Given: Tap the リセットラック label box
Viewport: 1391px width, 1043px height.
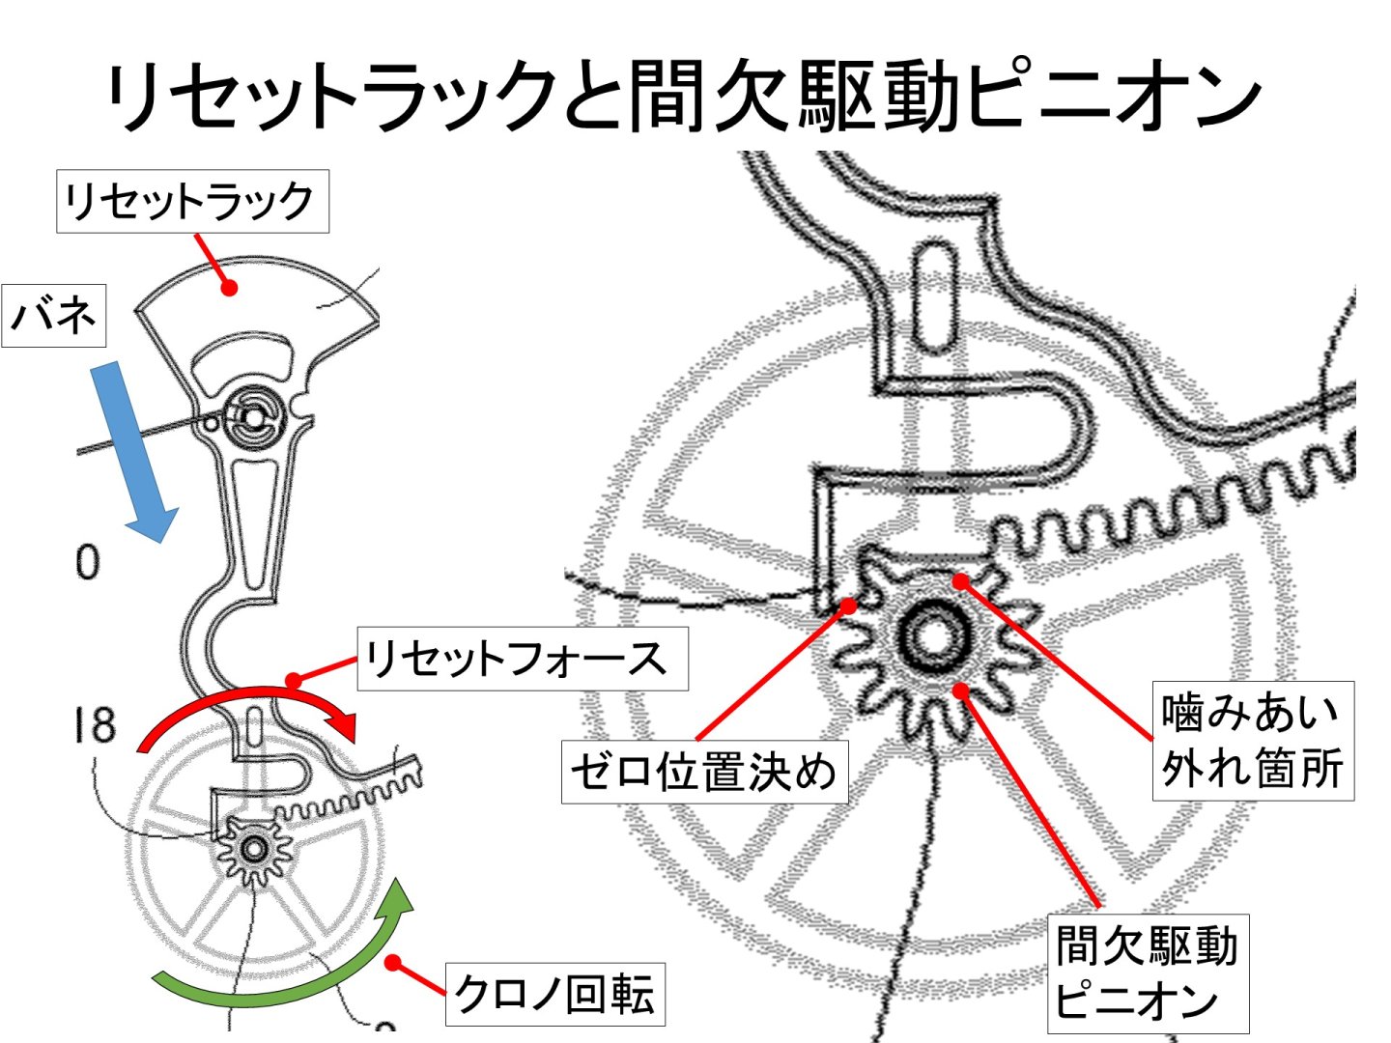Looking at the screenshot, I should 192,202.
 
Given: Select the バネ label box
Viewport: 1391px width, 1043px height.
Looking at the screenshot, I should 54,315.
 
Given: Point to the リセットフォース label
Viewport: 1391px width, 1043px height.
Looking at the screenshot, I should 522,660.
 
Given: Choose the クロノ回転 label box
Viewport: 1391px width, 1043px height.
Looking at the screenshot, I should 554,994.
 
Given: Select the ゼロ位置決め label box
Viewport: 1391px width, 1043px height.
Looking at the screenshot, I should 704,772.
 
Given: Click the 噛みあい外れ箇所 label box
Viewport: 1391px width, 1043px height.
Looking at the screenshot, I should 1252,741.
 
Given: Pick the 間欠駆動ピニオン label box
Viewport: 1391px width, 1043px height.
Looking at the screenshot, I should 1148,973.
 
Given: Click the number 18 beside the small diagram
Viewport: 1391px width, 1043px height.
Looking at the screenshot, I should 94,725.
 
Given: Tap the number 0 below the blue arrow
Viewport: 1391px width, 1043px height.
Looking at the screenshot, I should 87,562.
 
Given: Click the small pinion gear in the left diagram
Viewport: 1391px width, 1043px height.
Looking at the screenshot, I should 255,849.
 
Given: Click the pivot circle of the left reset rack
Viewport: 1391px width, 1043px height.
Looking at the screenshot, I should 253,418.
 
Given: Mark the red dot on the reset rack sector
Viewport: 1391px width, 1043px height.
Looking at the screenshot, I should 229,287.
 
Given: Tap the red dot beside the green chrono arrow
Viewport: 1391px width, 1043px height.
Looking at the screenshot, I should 393,962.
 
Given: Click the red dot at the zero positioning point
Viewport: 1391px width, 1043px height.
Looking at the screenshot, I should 848,606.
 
